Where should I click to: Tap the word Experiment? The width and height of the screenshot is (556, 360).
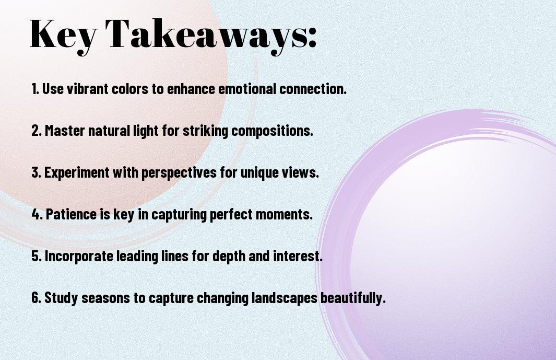77,173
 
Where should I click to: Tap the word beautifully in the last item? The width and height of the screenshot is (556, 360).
352,298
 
